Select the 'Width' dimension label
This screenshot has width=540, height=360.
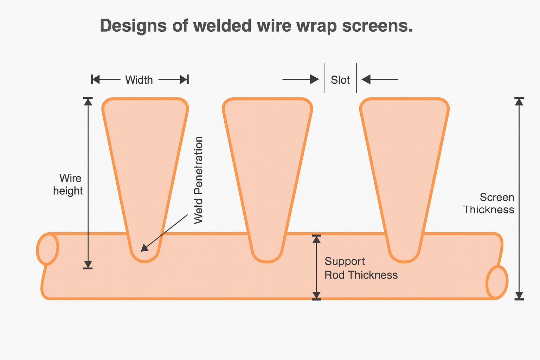(139, 80)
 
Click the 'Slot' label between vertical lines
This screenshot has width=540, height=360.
(340, 80)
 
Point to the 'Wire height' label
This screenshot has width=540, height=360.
(68, 185)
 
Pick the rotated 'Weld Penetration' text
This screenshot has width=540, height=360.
(199, 180)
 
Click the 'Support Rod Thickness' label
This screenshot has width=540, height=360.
(361, 268)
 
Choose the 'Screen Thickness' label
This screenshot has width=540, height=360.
(489, 204)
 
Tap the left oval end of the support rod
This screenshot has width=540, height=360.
(48, 249)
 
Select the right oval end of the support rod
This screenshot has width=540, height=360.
(497, 282)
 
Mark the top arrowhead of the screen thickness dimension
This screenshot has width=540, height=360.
(519, 102)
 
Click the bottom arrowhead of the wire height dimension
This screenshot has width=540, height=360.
(88, 265)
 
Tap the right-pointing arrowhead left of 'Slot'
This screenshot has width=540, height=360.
(314, 79)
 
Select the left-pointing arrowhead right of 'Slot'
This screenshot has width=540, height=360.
(366, 79)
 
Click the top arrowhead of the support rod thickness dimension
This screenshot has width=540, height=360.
(317, 239)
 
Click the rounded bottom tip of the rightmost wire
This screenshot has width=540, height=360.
(404, 257)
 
